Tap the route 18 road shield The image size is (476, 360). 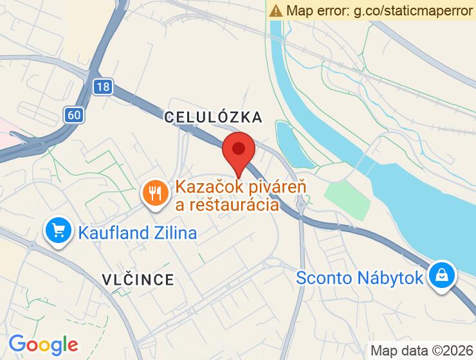101,87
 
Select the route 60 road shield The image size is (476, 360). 73,115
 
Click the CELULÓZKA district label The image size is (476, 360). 213,117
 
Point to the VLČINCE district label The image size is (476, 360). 138,279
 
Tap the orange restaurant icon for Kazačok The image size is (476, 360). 154,192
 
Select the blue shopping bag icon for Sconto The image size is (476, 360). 442,275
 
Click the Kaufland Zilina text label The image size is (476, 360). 137,232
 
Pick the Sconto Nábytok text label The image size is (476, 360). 360,278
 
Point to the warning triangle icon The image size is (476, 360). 276,10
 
